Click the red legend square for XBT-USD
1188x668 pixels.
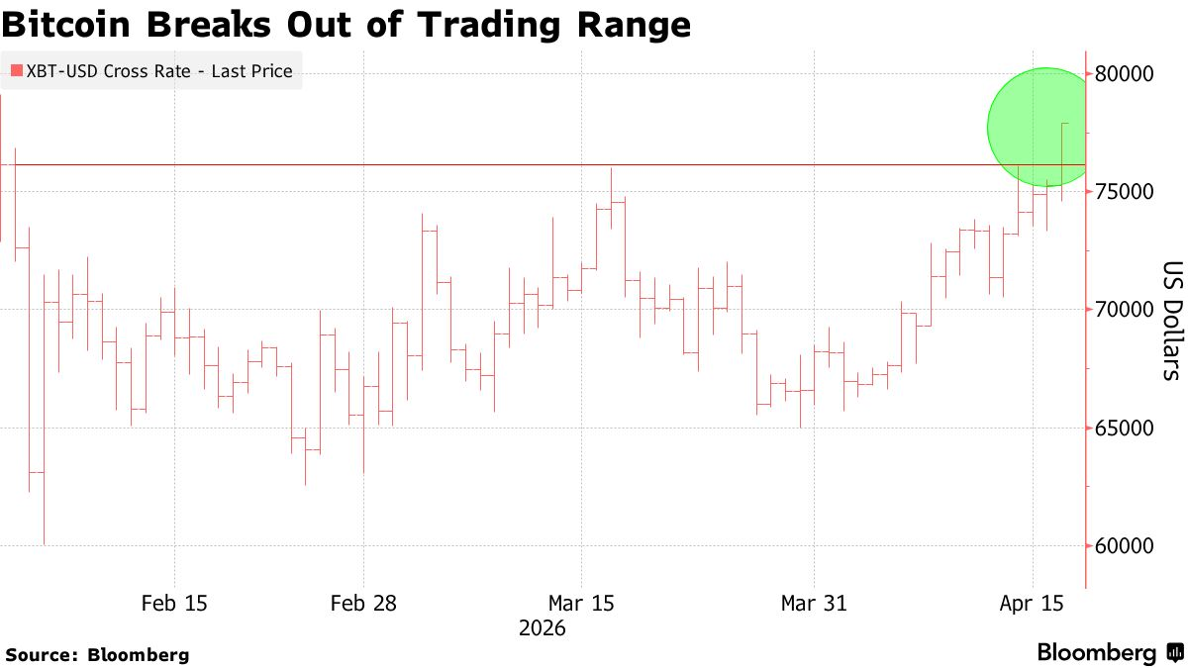[x=16, y=71]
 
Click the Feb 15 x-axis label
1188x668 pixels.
[x=174, y=603]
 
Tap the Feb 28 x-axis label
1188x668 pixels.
[x=363, y=603]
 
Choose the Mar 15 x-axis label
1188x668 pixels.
[x=581, y=603]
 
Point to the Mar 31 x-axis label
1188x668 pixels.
[x=814, y=603]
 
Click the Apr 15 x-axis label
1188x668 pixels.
[x=1033, y=603]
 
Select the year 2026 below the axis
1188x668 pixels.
[x=542, y=628]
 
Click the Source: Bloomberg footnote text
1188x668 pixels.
[x=97, y=654]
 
